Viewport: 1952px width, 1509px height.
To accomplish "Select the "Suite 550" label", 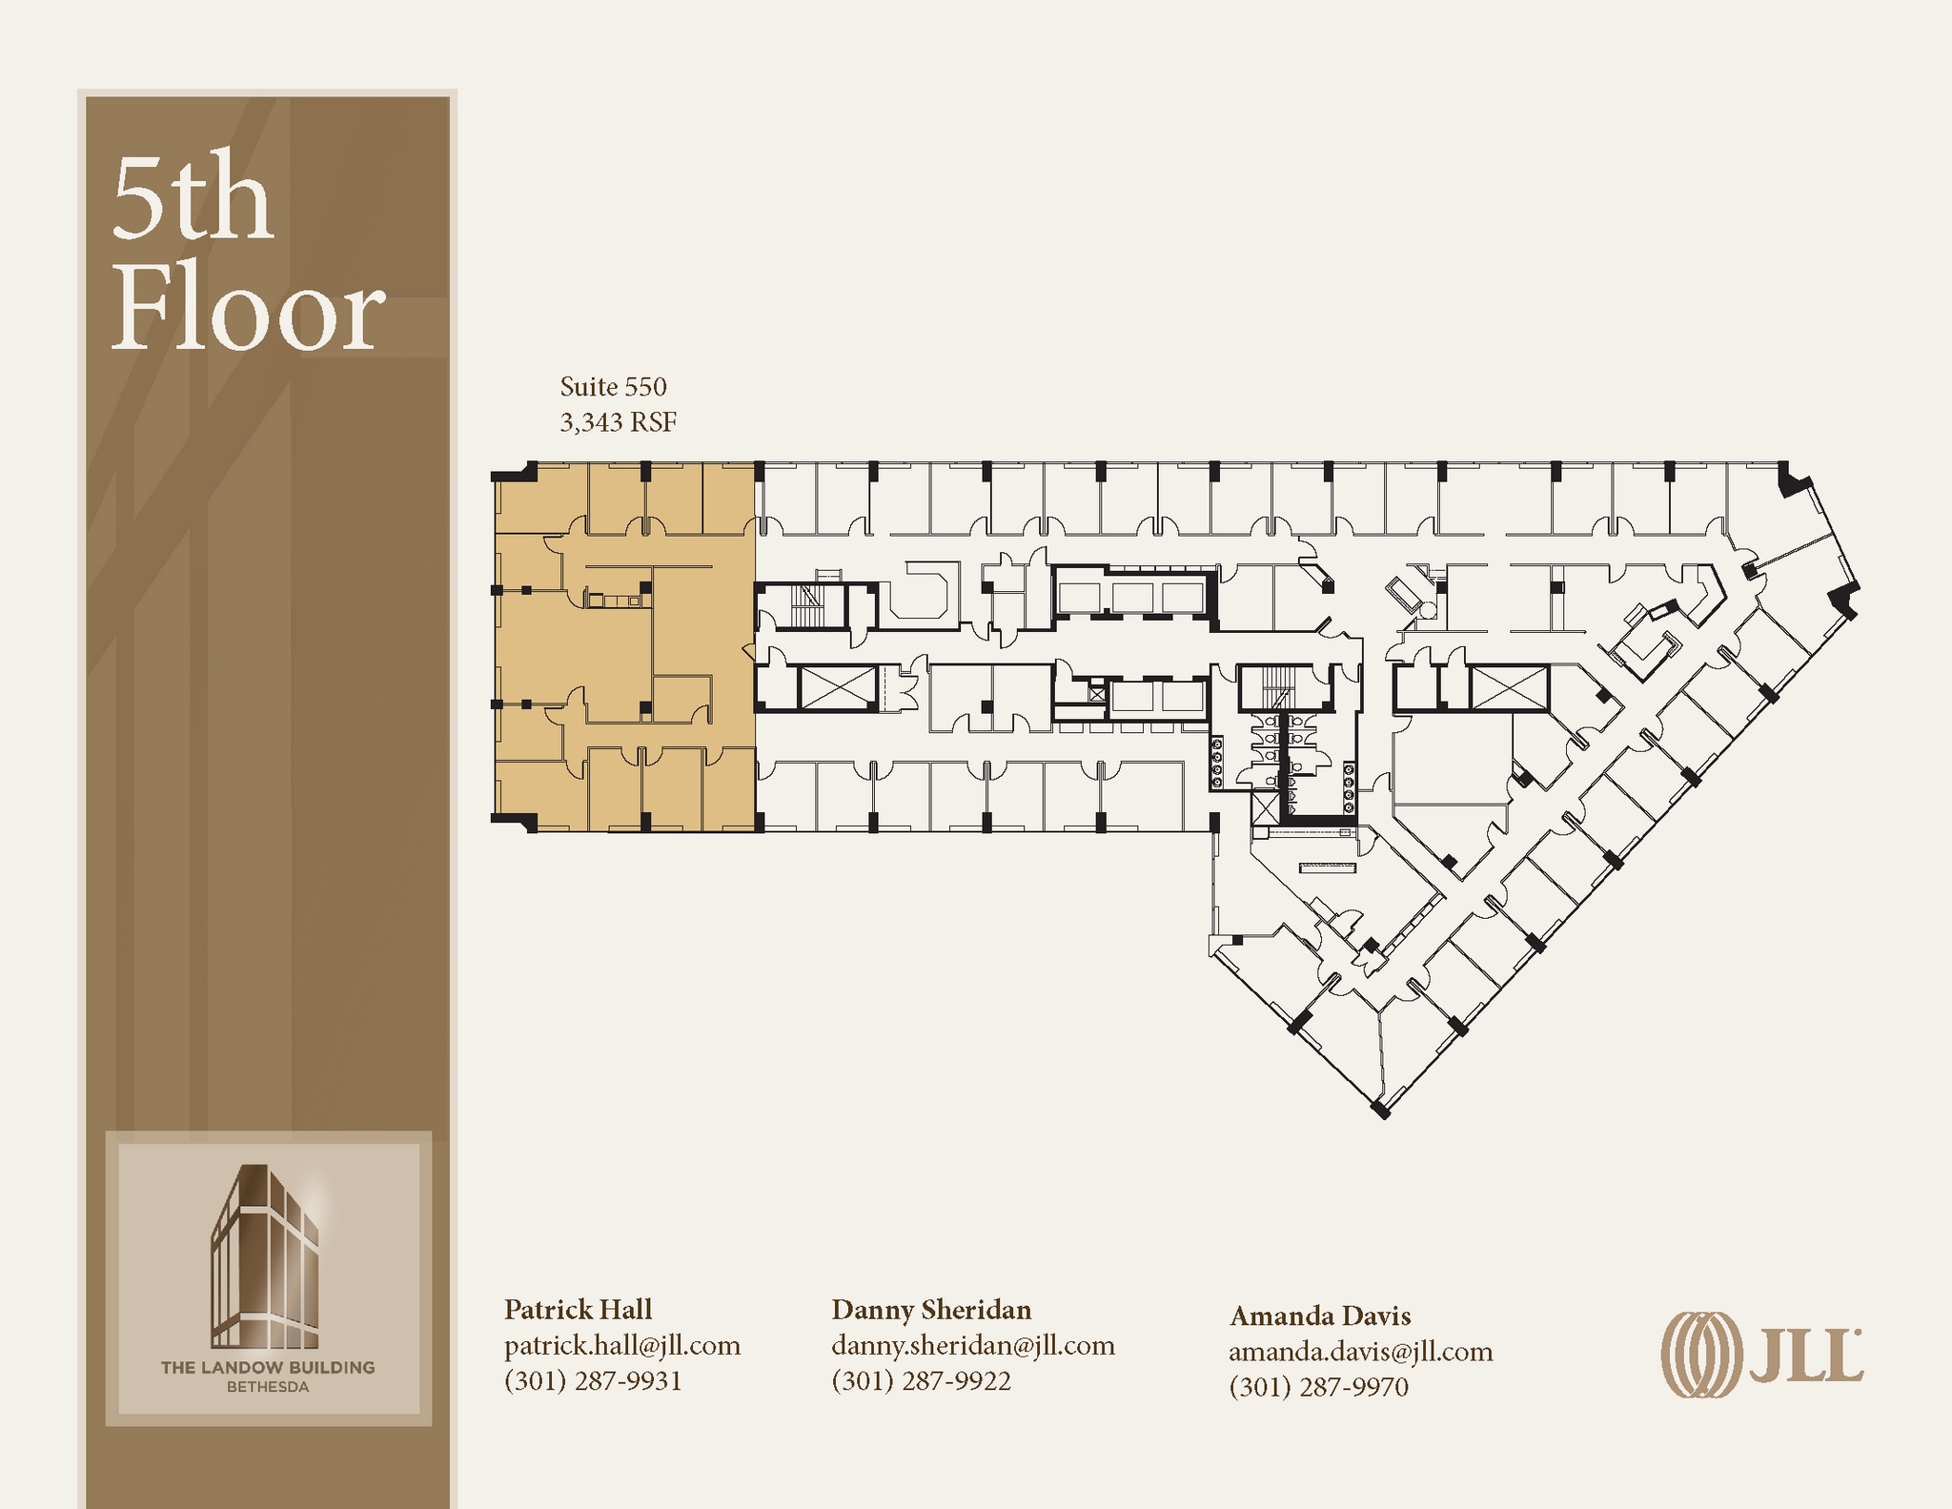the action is click(x=613, y=386).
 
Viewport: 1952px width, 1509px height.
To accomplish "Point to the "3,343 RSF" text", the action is click(x=618, y=421).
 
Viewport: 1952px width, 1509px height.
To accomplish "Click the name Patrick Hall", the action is click(x=578, y=1309).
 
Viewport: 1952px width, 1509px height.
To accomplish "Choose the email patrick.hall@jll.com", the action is click(x=622, y=1345).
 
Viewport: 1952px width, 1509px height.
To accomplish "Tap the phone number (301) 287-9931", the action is click(x=593, y=1380).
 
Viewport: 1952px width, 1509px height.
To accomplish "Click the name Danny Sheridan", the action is click(x=931, y=1309).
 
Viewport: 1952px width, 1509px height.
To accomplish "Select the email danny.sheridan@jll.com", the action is click(x=973, y=1345).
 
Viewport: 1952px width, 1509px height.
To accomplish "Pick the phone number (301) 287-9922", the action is click(x=921, y=1380).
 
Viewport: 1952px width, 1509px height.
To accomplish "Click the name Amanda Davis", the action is click(x=1320, y=1315).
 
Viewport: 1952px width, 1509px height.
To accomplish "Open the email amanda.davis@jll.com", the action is click(x=1361, y=1352).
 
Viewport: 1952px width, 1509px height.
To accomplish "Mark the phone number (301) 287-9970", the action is click(x=1319, y=1387).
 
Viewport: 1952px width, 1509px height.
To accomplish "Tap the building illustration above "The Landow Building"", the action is click(x=266, y=1255).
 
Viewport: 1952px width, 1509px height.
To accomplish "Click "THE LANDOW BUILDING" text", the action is click(x=268, y=1368).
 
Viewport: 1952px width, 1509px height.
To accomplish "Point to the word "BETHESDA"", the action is click(x=268, y=1387).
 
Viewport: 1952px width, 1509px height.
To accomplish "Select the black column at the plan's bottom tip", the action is click(x=1380, y=1109).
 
